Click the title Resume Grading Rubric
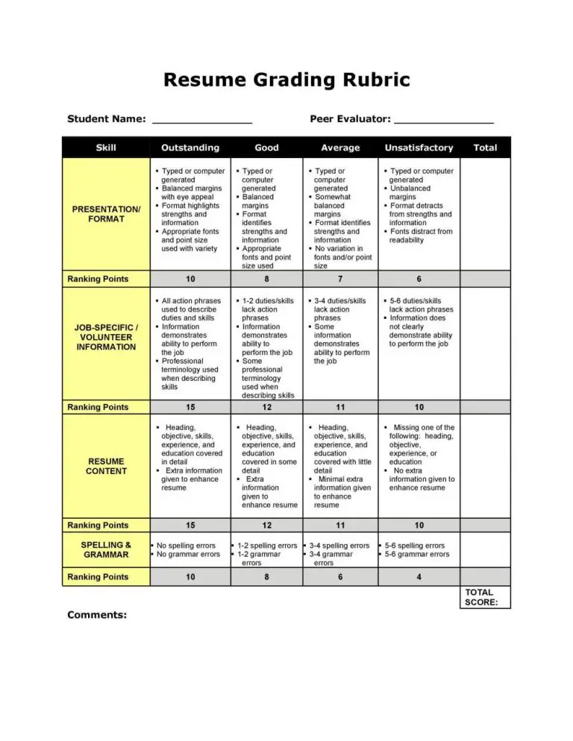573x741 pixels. click(x=286, y=80)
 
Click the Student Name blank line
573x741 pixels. click(x=201, y=120)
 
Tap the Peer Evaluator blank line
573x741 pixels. click(x=443, y=120)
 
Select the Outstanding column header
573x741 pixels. click(x=190, y=148)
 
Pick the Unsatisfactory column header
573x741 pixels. click(x=419, y=148)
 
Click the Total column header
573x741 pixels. click(x=485, y=148)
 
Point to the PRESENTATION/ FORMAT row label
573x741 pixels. click(x=106, y=214)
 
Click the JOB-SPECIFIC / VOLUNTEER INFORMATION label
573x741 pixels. click(x=106, y=337)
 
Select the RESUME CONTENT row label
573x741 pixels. click(x=106, y=466)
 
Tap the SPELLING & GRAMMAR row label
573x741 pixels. click(x=106, y=550)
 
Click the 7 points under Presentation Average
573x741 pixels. click(x=339, y=279)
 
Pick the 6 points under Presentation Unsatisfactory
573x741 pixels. click(x=419, y=279)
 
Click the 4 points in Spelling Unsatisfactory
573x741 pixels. click(x=419, y=577)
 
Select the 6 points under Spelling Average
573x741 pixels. click(x=339, y=577)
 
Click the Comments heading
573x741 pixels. click(x=97, y=615)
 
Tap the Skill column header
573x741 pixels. click(x=106, y=148)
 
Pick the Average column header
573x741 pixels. click(x=339, y=148)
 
